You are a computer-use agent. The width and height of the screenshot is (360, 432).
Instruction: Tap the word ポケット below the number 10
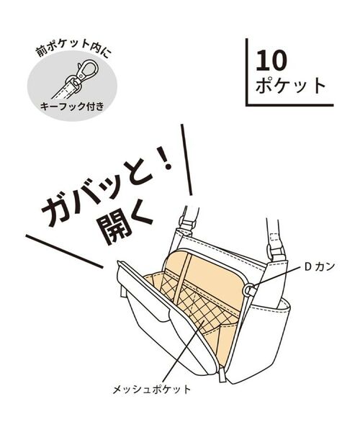click(x=291, y=85)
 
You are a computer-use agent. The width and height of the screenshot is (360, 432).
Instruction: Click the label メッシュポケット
click(x=152, y=390)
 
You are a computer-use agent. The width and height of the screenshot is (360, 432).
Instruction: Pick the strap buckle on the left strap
click(x=188, y=223)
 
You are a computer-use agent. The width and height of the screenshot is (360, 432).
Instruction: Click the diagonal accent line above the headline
click(x=186, y=160)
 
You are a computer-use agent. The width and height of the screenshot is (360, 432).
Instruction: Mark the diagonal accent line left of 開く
click(x=64, y=251)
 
